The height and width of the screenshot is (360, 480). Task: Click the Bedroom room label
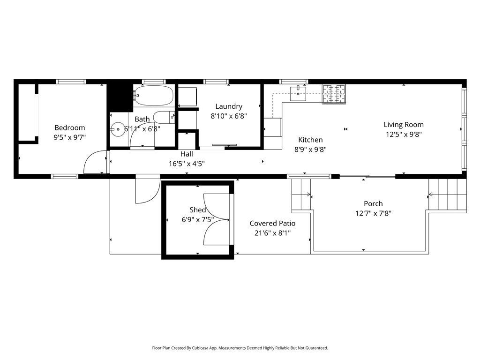(x=69, y=127)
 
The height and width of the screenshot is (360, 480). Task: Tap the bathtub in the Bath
(x=154, y=95)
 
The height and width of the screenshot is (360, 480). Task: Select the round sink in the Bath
(x=118, y=129)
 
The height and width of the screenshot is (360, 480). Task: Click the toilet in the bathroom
(x=164, y=117)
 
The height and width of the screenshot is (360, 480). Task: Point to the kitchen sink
(x=298, y=93)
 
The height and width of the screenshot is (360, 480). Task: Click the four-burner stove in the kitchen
(x=334, y=94)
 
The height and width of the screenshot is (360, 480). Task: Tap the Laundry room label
(x=229, y=106)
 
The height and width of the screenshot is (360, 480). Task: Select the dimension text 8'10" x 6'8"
(x=229, y=116)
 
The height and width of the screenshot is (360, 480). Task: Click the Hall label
(x=187, y=154)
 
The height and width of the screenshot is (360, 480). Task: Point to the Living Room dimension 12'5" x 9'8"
(x=404, y=134)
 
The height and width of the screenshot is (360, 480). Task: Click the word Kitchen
(x=310, y=140)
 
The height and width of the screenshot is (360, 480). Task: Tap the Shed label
(x=197, y=210)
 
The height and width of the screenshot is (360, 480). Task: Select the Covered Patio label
(x=272, y=224)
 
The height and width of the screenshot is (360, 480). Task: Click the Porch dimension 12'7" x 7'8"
(x=373, y=213)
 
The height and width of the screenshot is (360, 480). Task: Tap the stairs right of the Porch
(x=447, y=195)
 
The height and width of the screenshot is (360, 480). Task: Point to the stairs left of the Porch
(x=301, y=195)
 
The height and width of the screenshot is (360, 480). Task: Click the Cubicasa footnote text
(x=240, y=348)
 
